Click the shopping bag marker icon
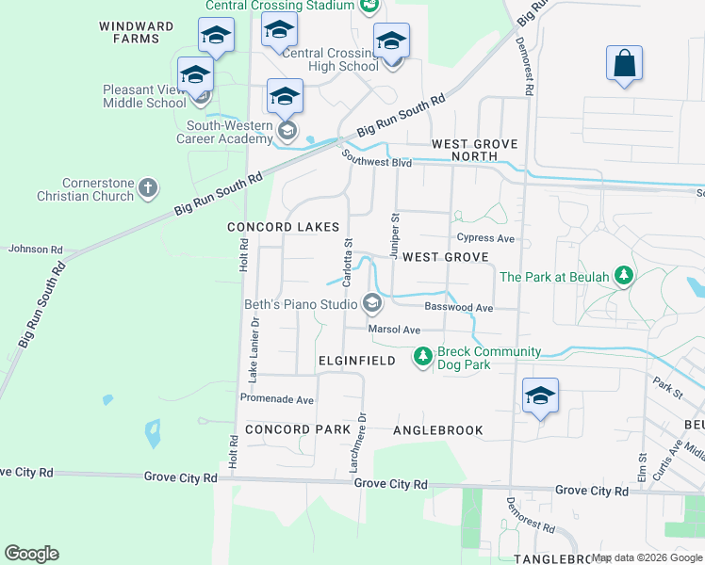click(x=624, y=66)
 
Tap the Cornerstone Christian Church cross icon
click(x=147, y=188)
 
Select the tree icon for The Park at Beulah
click(x=622, y=276)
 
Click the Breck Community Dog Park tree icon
click(x=423, y=357)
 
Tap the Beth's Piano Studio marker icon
click(x=371, y=303)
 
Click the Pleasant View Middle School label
click(x=144, y=97)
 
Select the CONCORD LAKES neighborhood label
click(x=283, y=228)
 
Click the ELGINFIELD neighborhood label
click(x=355, y=361)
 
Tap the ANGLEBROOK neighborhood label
click(x=437, y=430)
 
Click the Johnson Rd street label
click(x=35, y=250)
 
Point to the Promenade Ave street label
click(x=276, y=399)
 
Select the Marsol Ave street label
click(x=394, y=331)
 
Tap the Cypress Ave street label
click(x=485, y=238)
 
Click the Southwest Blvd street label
click(x=377, y=162)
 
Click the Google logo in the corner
click(x=31, y=554)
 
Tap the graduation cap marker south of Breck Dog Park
click(x=540, y=396)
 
